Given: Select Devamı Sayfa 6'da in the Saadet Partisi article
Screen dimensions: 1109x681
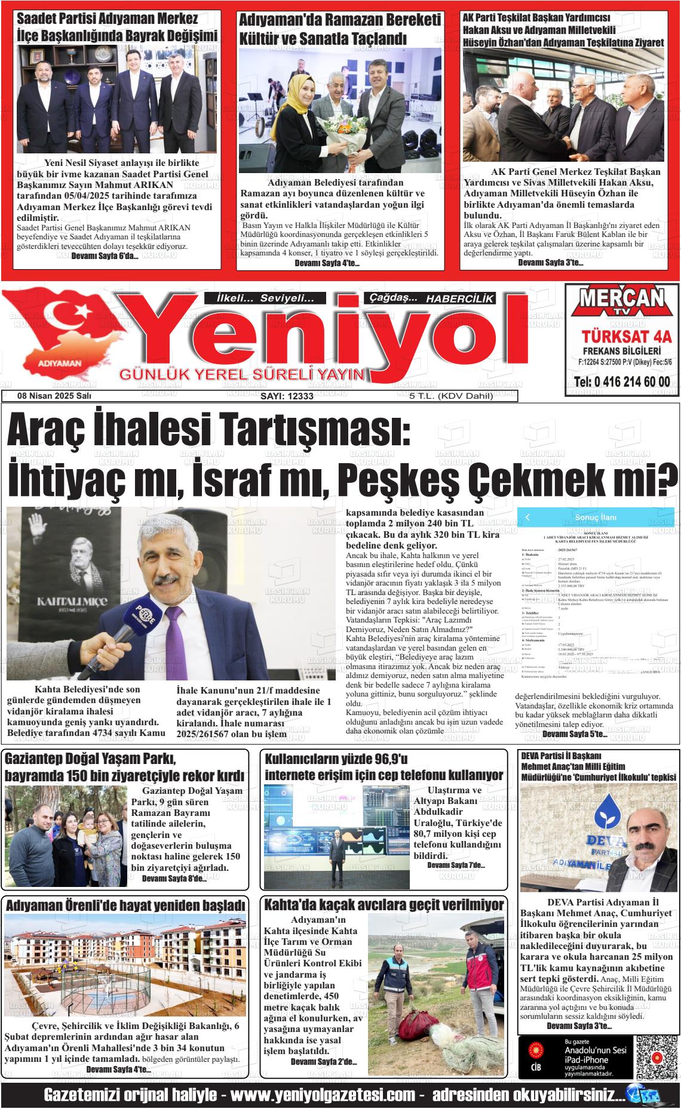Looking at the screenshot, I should pyautogui.click(x=105, y=257).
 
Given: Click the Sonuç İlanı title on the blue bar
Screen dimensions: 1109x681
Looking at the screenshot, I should pyautogui.click(x=596, y=517).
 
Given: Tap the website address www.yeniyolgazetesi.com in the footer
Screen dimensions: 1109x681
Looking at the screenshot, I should pyautogui.click(x=323, y=1095).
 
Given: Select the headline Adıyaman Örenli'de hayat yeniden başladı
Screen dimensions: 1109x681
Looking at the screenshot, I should pyautogui.click(x=125, y=905).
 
